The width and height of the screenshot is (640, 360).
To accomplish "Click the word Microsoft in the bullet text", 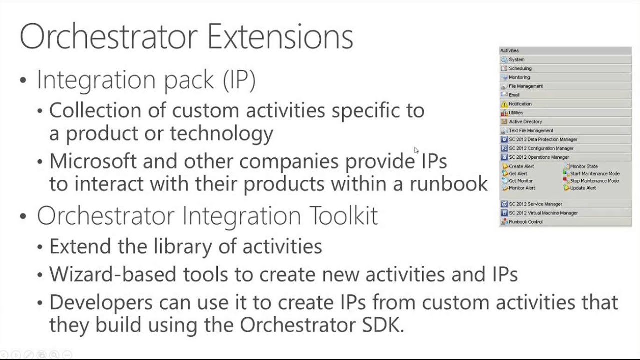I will (93, 161).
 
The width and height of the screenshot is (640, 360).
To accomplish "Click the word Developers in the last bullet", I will (101, 302).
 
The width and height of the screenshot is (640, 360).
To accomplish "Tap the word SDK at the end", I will (382, 325).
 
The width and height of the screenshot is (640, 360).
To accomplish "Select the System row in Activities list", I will (517, 60).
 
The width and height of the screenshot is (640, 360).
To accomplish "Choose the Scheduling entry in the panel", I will (520, 68).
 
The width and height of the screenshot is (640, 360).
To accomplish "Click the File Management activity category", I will (525, 86).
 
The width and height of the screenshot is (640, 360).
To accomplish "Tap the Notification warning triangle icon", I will (504, 104).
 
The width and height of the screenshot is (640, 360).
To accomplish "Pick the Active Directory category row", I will (525, 122).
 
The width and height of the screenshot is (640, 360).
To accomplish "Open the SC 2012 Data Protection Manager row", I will (543, 140).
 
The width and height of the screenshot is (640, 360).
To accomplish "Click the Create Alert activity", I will (521, 166).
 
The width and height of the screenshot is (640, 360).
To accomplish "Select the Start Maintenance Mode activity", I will (594, 174).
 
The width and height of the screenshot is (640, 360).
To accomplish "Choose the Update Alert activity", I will (583, 188).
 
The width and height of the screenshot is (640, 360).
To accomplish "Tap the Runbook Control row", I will (525, 222).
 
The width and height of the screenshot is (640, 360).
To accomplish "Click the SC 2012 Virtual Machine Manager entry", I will (543, 213).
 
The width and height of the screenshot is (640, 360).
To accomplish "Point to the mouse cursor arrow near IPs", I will (416, 150).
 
